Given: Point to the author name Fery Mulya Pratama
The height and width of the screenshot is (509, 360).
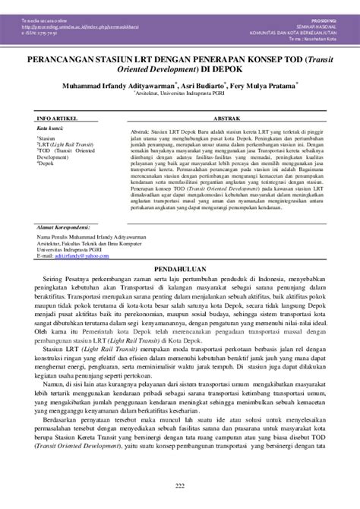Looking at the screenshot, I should [274, 87].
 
